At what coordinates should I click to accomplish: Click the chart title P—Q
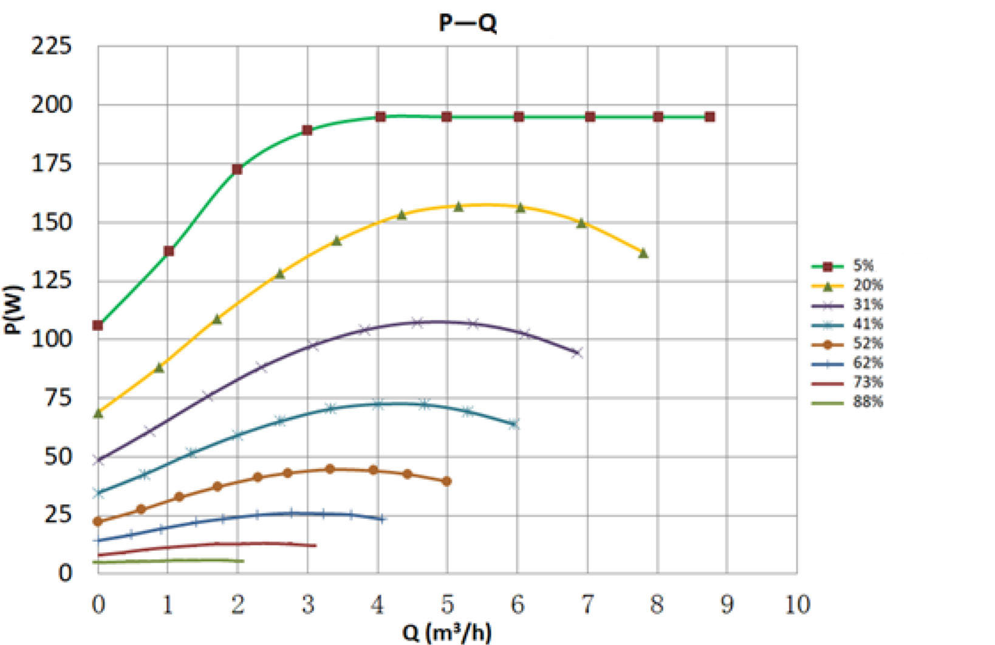tap(468, 24)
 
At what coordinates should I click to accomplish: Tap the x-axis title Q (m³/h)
tap(446, 632)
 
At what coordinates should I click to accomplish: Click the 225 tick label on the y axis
tap(51, 46)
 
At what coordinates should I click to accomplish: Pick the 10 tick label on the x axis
tap(797, 604)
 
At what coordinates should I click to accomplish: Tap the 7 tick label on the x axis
tap(587, 604)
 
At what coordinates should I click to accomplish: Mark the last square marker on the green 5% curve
tap(709, 117)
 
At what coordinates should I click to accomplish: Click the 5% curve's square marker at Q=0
tap(98, 326)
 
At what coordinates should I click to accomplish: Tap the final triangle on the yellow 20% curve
tap(643, 253)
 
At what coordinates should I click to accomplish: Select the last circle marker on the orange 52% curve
tap(447, 481)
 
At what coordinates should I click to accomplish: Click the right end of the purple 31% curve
tap(577, 353)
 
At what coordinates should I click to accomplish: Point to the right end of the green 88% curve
tap(243, 561)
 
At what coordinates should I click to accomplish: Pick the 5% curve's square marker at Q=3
tap(307, 130)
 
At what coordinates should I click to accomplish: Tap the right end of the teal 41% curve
tap(515, 425)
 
